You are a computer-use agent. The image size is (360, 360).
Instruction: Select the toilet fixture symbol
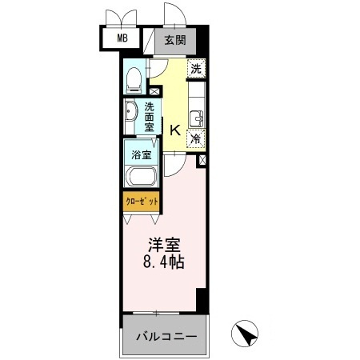pos(134,78)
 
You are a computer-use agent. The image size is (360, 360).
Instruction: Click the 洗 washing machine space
pos(196,69)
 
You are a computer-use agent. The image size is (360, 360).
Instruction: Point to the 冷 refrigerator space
pos(195,138)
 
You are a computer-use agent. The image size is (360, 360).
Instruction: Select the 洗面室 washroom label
pos(150,116)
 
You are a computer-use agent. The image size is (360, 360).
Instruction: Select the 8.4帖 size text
pos(165,262)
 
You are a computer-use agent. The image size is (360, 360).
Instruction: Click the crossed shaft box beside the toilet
pos(154,92)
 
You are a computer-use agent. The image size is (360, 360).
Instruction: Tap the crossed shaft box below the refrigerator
pos(200,160)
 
